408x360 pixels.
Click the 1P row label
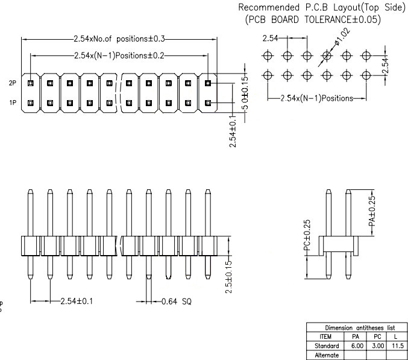pyautogui.click(x=12, y=103)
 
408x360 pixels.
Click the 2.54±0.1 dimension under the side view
pyautogui.click(x=77, y=300)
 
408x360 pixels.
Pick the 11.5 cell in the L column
pyautogui.click(x=398, y=346)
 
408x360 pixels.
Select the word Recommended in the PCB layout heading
pyautogui.click(x=267, y=8)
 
